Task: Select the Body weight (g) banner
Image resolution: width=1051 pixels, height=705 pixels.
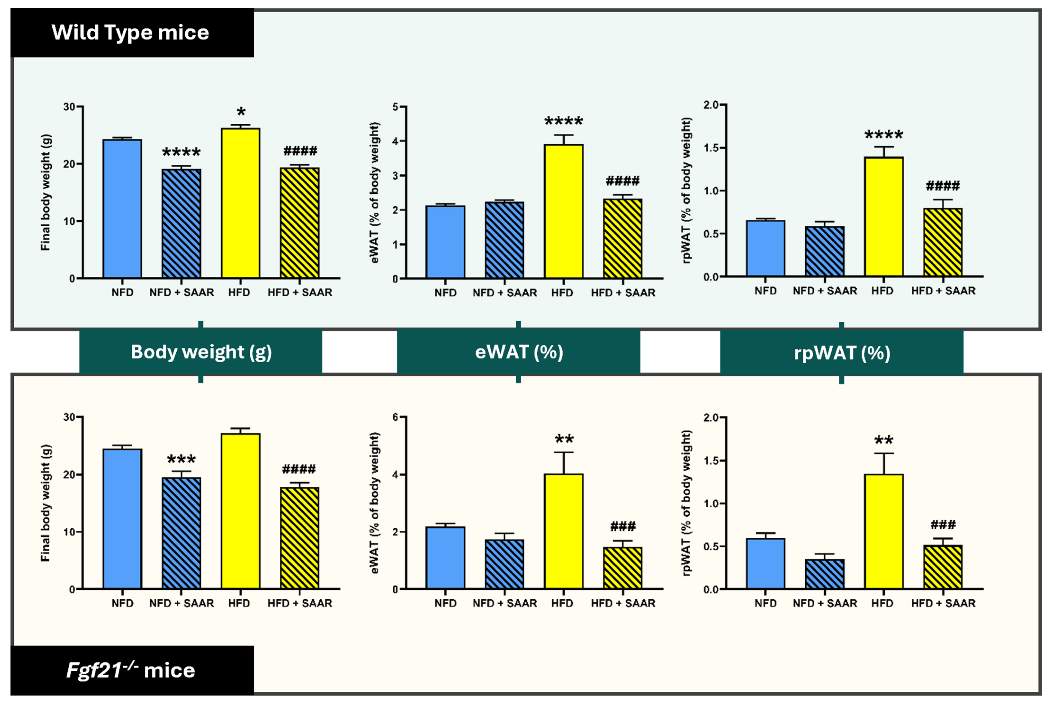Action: click(x=201, y=352)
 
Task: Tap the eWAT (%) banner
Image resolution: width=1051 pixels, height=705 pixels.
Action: click(x=519, y=352)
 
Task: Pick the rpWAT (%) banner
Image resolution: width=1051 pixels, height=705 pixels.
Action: click(x=842, y=353)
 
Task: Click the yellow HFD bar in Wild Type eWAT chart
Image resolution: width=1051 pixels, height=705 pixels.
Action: click(x=563, y=211)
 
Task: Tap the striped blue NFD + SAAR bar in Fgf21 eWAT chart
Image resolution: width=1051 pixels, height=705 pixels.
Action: click(x=504, y=564)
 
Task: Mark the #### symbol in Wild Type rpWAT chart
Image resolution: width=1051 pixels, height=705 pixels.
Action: click(x=943, y=186)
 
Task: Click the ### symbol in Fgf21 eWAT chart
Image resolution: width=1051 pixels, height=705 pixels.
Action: click(x=623, y=526)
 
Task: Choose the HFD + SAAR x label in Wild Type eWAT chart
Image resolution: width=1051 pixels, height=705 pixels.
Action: click(x=623, y=293)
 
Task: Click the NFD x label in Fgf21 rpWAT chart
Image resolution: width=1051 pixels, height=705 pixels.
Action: click(x=765, y=603)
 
